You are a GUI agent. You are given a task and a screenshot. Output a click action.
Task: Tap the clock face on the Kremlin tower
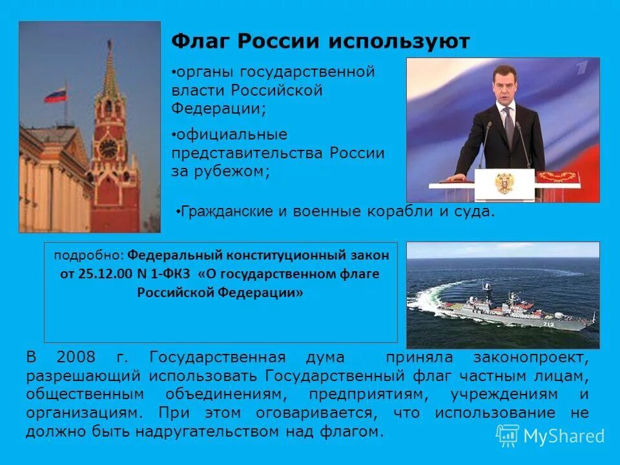[108, 148]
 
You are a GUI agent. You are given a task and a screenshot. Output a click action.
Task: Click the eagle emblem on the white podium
[504, 182]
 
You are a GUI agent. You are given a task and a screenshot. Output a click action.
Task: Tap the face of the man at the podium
[506, 89]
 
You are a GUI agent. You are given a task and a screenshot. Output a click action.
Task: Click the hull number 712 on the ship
[548, 324]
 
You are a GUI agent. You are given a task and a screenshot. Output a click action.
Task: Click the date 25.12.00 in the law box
[97, 273]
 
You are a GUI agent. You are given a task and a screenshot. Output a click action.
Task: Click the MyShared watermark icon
[508, 435]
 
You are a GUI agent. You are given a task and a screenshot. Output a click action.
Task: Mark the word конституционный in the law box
[280, 254]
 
